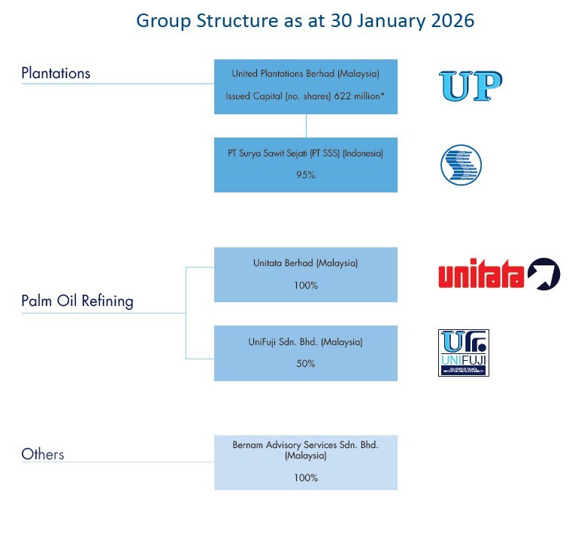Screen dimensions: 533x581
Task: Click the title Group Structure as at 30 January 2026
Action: pos(305,20)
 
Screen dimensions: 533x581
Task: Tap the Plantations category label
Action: pos(56,73)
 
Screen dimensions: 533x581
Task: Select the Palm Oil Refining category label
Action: pos(77,301)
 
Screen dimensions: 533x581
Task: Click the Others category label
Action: pos(43,454)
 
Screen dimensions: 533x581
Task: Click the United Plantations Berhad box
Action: pos(305,86)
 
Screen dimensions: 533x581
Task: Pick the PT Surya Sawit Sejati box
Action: pos(305,165)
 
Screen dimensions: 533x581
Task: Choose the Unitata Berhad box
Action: pos(305,274)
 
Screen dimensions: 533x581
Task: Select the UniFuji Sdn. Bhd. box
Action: pos(305,353)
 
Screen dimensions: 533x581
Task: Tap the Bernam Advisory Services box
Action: pos(305,462)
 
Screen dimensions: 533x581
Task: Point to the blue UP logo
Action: pos(471,86)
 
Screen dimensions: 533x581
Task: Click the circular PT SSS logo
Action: pos(461,165)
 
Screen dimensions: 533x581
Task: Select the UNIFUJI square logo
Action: pos(463,353)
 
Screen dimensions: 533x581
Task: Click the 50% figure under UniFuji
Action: pos(306,363)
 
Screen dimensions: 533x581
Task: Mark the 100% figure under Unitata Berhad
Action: pos(306,286)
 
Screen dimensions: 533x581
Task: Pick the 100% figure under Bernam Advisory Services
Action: pos(306,477)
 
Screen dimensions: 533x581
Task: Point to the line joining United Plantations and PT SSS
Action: pos(306,126)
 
